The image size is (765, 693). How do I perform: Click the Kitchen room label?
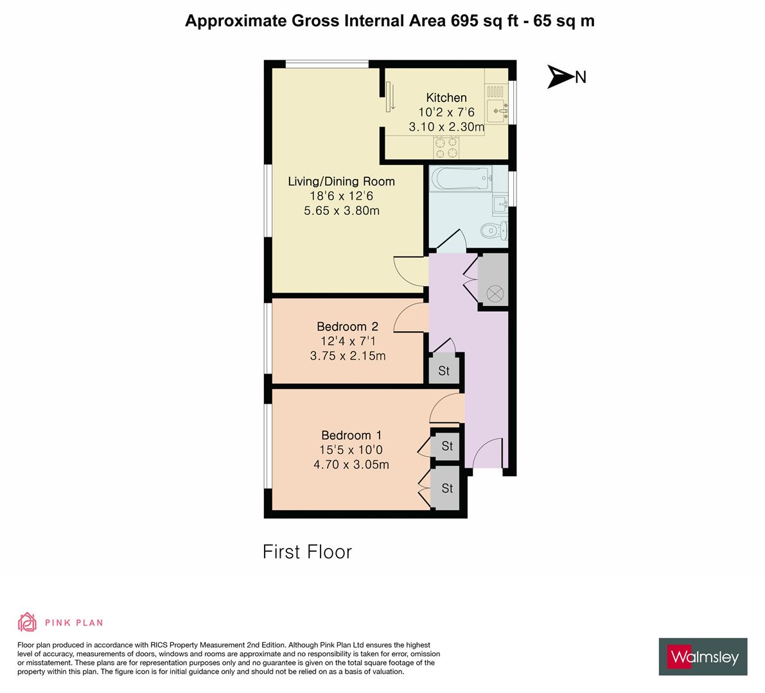(446, 98)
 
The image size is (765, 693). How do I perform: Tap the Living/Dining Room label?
(341, 182)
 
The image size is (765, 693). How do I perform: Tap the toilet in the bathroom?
(495, 229)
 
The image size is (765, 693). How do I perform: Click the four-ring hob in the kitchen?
(446, 148)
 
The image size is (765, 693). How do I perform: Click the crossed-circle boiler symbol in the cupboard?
(494, 293)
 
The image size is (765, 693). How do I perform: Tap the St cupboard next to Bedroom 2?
(444, 371)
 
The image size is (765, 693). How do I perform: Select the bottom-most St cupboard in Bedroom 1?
(447, 489)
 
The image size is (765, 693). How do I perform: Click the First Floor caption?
(307, 552)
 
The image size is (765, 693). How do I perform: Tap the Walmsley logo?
(703, 656)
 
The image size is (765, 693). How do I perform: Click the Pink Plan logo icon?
(28, 622)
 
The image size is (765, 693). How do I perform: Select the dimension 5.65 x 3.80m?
(341, 210)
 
